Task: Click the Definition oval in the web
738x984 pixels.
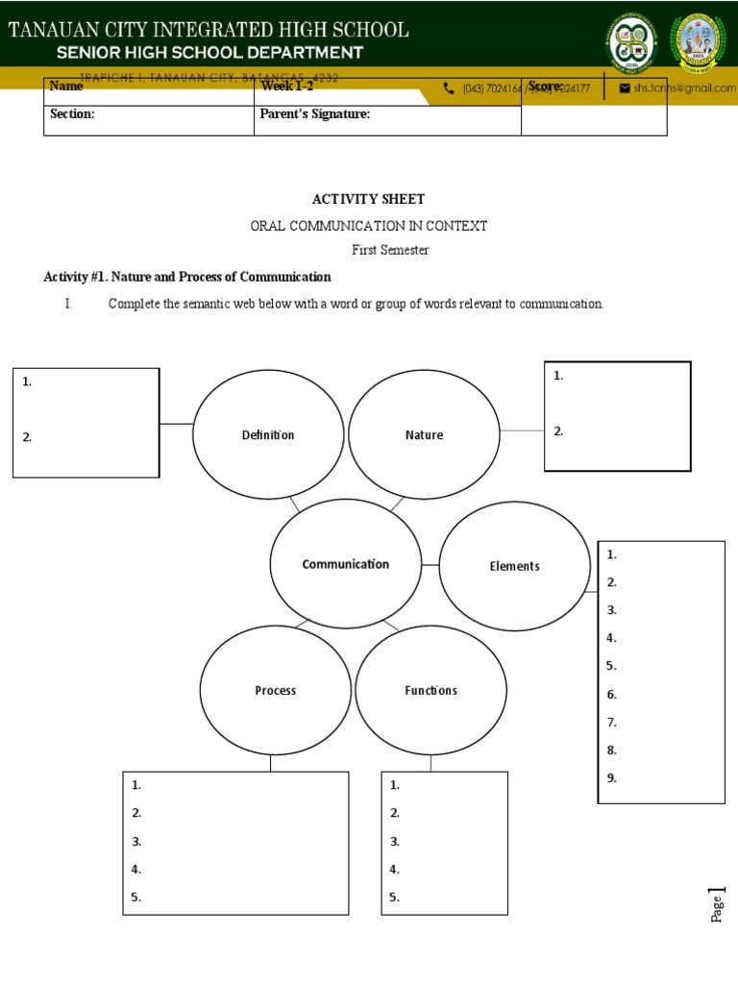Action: click(x=268, y=435)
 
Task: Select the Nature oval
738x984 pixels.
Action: click(x=424, y=435)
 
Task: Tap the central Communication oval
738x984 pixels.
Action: click(x=346, y=564)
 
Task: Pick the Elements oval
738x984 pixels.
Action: click(x=514, y=566)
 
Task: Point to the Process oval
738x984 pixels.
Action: click(x=276, y=690)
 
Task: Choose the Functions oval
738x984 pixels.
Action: click(x=430, y=690)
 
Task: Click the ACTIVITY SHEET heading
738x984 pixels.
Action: click(x=368, y=200)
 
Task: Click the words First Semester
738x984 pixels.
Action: click(x=389, y=250)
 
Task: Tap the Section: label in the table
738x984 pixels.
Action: click(x=72, y=114)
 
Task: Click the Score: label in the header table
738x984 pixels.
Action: click(x=545, y=86)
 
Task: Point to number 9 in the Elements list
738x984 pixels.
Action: click(x=612, y=777)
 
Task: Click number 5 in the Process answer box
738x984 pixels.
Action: click(x=136, y=898)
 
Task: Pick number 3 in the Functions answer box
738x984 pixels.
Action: click(x=394, y=841)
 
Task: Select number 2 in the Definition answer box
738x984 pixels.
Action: click(x=28, y=437)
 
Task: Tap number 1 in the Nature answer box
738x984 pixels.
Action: click(x=558, y=376)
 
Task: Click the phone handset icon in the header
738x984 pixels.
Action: click(x=449, y=88)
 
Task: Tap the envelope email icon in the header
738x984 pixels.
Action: click(x=625, y=88)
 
